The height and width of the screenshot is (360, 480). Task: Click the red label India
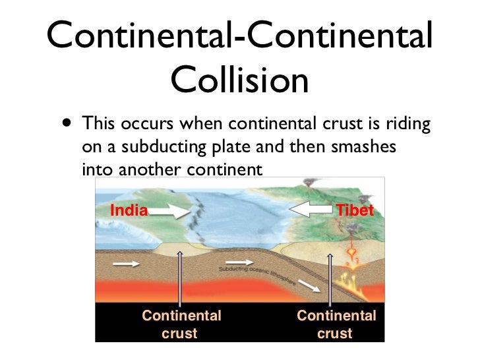pyautogui.click(x=128, y=211)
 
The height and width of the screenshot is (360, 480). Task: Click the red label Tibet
pyautogui.click(x=355, y=211)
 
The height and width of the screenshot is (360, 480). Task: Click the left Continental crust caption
pyautogui.click(x=181, y=324)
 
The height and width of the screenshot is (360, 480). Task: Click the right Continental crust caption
pyautogui.click(x=336, y=324)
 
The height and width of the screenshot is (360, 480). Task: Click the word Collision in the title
pyautogui.click(x=239, y=80)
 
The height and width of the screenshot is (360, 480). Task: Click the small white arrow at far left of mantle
pyautogui.click(x=125, y=264)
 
